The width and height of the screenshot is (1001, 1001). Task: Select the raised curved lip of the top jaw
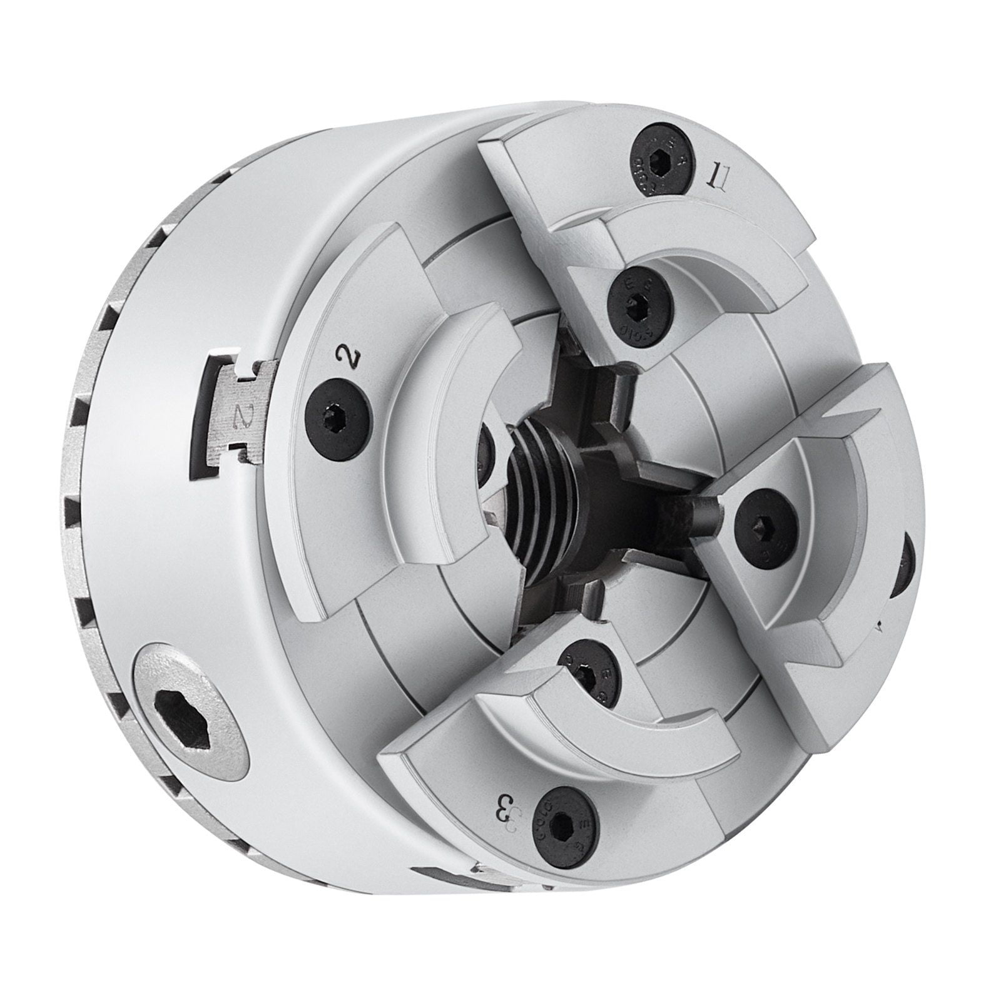tap(694, 247)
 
